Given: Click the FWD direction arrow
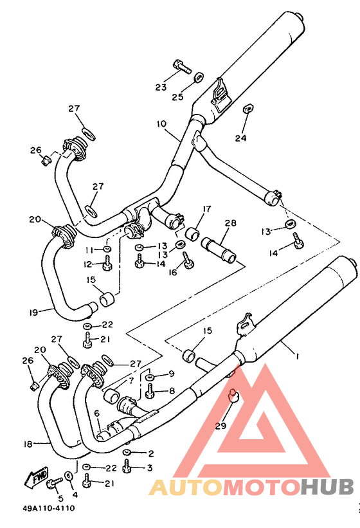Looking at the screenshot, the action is point(36,477).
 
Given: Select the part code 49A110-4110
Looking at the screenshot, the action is point(49,508).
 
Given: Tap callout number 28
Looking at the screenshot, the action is point(231,223).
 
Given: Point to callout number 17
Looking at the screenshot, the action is point(207,209).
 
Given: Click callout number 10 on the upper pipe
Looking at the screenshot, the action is point(161,124).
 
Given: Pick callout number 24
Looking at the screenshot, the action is point(240,138).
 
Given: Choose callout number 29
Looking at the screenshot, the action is point(221,426).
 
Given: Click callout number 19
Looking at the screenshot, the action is point(33,313).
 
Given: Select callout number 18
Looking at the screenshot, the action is point(28,444).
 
